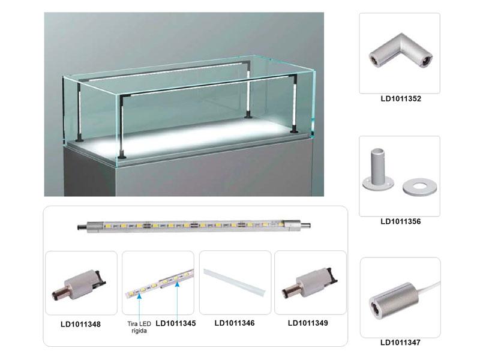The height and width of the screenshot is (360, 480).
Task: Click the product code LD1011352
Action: click(401, 98)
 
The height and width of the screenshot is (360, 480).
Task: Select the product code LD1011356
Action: click(401, 221)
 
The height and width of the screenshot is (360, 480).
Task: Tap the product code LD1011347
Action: click(400, 342)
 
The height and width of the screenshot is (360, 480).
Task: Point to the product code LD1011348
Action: click(80, 324)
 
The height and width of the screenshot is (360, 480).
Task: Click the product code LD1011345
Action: click(176, 323)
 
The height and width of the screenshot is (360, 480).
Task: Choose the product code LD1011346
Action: click(235, 323)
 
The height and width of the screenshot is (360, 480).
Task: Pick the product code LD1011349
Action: click(308, 323)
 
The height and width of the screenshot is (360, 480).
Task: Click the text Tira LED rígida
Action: click(139, 327)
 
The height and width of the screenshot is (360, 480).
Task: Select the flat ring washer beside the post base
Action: click(419, 187)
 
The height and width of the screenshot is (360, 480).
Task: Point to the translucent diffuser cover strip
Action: click(235, 283)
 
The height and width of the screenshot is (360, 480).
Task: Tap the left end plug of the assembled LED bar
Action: click(82, 227)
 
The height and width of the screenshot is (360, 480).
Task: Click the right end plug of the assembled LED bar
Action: click(305, 226)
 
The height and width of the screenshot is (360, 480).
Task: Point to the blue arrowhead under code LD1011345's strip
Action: click(177, 284)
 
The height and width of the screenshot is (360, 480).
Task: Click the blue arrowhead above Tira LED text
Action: click(139, 296)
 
